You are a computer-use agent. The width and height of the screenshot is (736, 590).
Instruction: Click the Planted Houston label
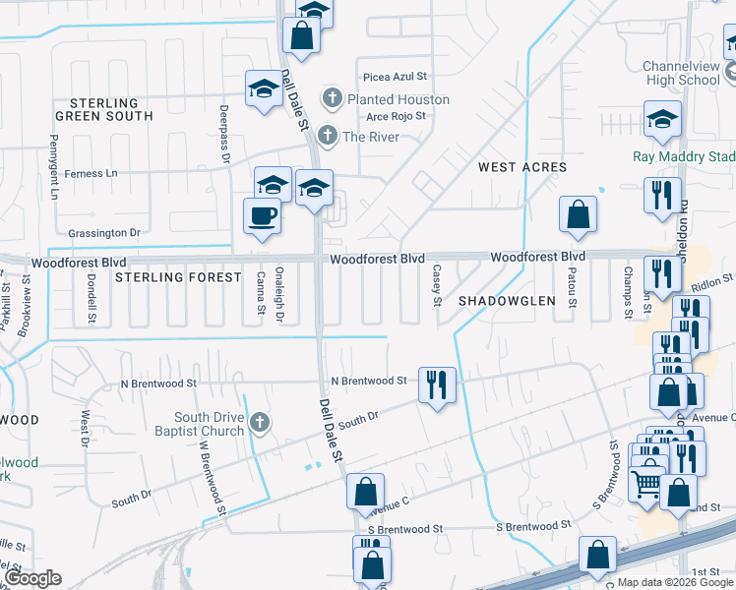(x=398, y=99)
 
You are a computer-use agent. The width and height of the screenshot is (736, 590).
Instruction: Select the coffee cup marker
(x=262, y=215)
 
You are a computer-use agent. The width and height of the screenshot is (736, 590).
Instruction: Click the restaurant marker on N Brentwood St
(x=436, y=383)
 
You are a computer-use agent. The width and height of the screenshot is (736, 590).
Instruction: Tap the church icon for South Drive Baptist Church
(x=259, y=423)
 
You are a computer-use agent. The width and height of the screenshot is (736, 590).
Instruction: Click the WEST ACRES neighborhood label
(x=522, y=167)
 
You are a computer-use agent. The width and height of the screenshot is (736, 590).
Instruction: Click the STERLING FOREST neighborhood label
(x=178, y=277)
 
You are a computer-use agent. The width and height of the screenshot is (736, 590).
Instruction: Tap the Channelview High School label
(x=682, y=73)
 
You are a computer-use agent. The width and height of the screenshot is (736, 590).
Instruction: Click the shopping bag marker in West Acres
(x=578, y=213)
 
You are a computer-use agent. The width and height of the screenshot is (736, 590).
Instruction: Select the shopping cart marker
(x=645, y=483)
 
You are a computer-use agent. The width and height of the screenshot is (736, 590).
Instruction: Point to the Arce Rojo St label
(x=396, y=116)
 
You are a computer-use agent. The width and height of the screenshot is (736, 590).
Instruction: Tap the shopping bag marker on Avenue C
(x=365, y=492)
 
